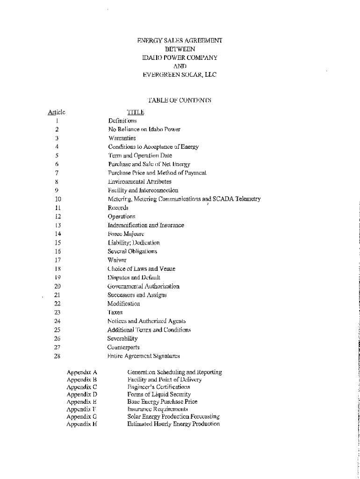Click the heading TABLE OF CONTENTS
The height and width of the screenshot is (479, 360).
coord(180,100)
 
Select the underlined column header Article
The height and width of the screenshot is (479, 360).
coord(57,112)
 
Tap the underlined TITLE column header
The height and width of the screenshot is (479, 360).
coord(136,112)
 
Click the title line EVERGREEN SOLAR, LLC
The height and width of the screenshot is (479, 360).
coord(180,74)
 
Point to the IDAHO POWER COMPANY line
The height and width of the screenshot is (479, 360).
coord(180,58)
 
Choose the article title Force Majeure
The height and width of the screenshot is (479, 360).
coord(126,234)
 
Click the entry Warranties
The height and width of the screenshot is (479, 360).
coord(122,138)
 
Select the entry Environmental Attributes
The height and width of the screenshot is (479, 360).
coord(140,181)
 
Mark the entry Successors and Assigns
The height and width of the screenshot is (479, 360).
coord(137,295)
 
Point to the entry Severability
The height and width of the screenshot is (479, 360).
coord(122,339)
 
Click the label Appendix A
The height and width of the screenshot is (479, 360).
coord(82,372)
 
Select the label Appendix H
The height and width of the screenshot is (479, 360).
coord(82,424)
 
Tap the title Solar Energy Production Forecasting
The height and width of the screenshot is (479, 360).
coord(173,416)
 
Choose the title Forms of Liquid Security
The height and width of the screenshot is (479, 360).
coord(159,394)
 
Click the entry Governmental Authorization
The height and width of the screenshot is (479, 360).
coord(143,286)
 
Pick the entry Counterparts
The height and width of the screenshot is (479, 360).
coord(123,348)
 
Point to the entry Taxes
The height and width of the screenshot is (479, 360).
coord(115,312)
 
